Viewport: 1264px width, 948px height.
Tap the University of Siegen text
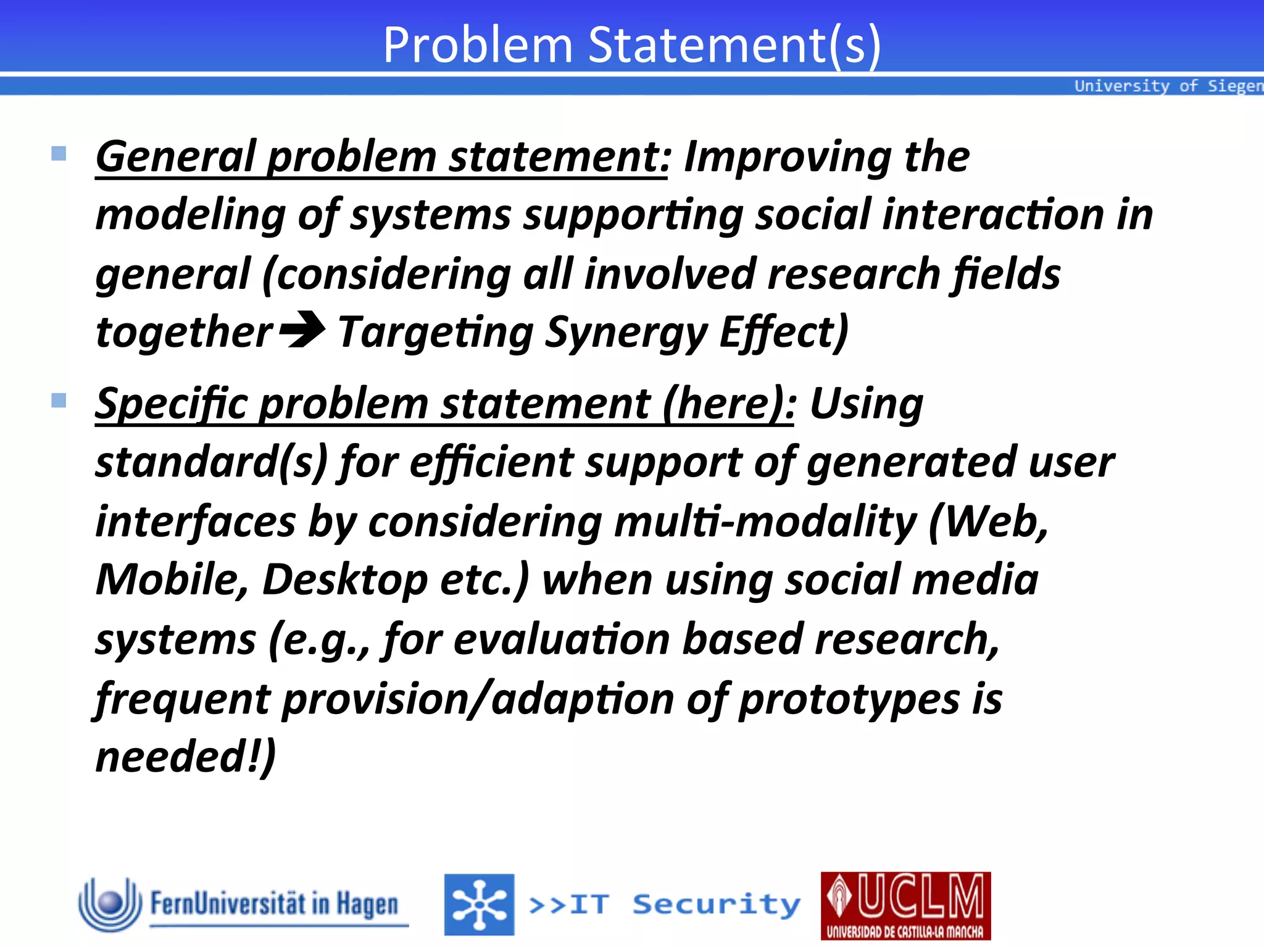(x=1168, y=86)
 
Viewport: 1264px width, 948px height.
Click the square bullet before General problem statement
(x=59, y=153)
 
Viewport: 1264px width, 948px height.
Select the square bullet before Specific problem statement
(x=59, y=401)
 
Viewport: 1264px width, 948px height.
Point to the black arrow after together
(x=302, y=330)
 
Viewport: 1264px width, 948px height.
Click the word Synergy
(x=626, y=333)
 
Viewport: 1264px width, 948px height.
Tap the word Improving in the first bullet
(x=787, y=157)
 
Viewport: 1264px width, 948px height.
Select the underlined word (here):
(x=729, y=404)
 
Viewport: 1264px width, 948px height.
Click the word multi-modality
(x=765, y=522)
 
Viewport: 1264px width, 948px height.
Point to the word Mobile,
(x=172, y=580)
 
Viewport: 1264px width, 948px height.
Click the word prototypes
(x=849, y=699)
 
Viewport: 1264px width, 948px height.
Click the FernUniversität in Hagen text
(x=274, y=904)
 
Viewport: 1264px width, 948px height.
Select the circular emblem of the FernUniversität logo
(x=110, y=904)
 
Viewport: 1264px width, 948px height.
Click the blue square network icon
(x=479, y=905)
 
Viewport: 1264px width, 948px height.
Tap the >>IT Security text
(x=664, y=905)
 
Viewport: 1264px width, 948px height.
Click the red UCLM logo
(x=905, y=905)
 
